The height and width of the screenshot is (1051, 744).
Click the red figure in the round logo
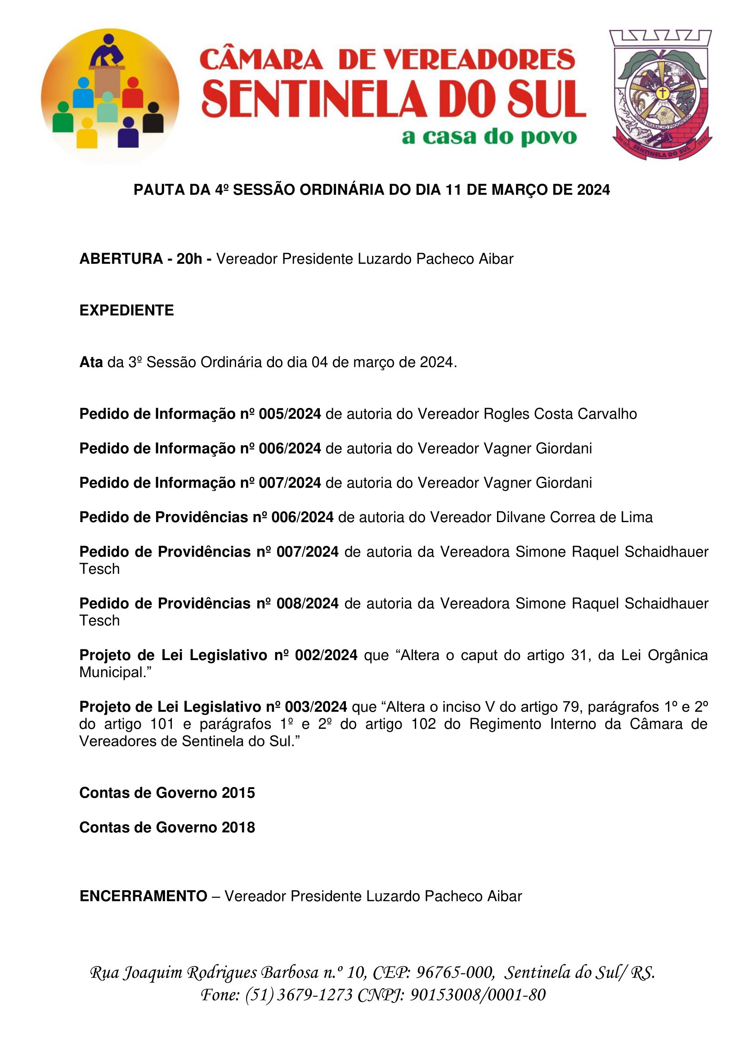pyautogui.click(x=132, y=93)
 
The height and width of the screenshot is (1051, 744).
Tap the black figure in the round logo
pyautogui.click(x=153, y=118)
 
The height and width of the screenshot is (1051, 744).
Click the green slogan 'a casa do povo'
pyautogui.click(x=489, y=137)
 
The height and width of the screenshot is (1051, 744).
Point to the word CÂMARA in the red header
pyautogui.click(x=262, y=60)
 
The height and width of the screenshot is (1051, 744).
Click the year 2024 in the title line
pyautogui.click(x=593, y=190)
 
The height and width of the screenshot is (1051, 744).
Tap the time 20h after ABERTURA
pyautogui.click(x=189, y=259)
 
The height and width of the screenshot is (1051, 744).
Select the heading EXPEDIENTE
pyautogui.click(x=126, y=310)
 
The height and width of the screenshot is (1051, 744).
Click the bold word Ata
pyautogui.click(x=91, y=362)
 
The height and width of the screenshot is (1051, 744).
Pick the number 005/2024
pyautogui.click(x=290, y=414)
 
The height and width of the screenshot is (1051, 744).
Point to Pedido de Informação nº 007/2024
pyautogui.click(x=200, y=483)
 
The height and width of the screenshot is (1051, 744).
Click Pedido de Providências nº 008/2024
pyautogui.click(x=209, y=603)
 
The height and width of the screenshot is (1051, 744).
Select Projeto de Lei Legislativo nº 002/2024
pyautogui.click(x=218, y=655)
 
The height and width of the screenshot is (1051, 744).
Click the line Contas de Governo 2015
pyautogui.click(x=167, y=793)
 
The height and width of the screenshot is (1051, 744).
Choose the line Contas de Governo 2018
pyautogui.click(x=167, y=827)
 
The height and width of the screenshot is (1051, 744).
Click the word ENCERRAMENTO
pyautogui.click(x=143, y=896)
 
